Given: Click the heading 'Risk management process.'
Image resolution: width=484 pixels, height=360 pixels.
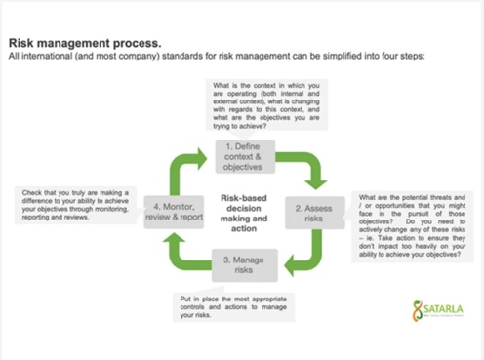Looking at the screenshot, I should coord(85,43).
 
